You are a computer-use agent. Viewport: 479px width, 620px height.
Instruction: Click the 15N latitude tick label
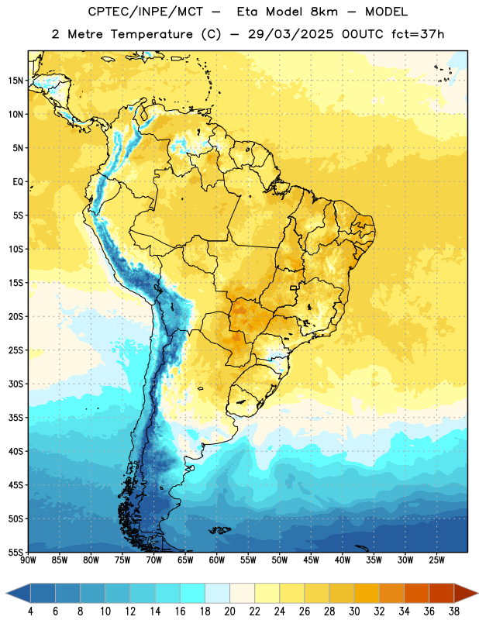pyautogui.click(x=16, y=81)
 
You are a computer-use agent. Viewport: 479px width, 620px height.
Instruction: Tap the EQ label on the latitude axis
pyautogui.click(x=18, y=182)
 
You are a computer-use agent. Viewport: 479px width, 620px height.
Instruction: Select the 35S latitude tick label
pyautogui.click(x=16, y=418)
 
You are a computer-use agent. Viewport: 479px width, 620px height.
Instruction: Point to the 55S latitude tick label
pyautogui.click(x=16, y=552)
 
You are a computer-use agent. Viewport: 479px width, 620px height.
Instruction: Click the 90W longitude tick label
pyautogui.click(x=28, y=560)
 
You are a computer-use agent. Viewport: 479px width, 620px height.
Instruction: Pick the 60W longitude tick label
pyautogui.click(x=217, y=560)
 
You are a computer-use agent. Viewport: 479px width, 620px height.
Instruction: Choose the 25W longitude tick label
pyautogui.click(x=436, y=560)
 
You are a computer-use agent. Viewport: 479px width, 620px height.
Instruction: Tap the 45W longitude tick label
pyautogui.click(x=311, y=560)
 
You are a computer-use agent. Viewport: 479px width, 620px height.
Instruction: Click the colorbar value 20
pyautogui.click(x=229, y=611)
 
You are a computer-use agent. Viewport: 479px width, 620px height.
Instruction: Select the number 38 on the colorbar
pyautogui.click(x=454, y=611)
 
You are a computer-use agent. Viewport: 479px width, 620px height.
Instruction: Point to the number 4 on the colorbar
pyautogui.click(x=30, y=611)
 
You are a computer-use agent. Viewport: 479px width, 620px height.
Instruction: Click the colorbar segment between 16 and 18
pyautogui.click(x=193, y=594)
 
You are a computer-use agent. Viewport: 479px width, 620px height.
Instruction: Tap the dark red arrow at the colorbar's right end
pyautogui.click(x=465, y=594)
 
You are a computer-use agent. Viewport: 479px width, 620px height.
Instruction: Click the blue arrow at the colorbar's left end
pyautogui.click(x=19, y=594)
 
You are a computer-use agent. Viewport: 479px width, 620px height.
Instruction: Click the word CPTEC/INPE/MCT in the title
pyautogui.click(x=145, y=12)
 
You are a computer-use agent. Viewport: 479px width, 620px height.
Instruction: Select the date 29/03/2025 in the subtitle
pyautogui.click(x=291, y=34)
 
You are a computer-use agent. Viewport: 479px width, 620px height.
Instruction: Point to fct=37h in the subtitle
pyautogui.click(x=418, y=34)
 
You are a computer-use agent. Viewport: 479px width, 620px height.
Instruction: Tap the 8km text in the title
pyautogui.click(x=324, y=12)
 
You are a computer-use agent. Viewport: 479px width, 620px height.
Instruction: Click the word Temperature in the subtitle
pyautogui.click(x=151, y=35)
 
